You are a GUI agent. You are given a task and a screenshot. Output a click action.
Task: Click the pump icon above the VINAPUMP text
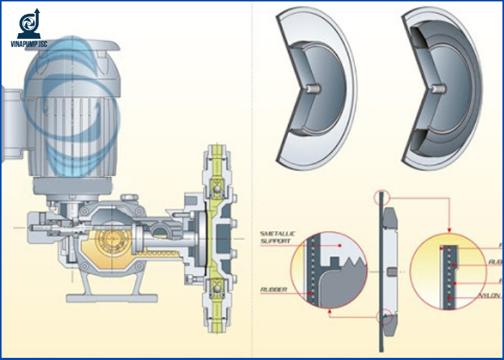pyautogui.click(x=30, y=24)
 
